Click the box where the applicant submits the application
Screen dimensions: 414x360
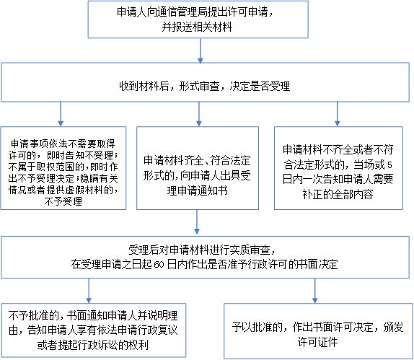(198, 19)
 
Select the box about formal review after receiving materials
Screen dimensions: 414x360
(205, 82)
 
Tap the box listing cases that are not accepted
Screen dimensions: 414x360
(63, 168)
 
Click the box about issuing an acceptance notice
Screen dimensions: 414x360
(198, 168)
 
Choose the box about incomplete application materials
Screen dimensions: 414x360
(338, 168)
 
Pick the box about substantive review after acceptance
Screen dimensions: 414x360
(205, 258)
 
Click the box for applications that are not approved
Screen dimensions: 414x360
(94, 330)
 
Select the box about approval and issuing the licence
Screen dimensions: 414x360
(318, 331)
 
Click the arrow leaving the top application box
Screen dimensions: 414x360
(201, 51)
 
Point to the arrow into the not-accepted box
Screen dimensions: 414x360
(61, 114)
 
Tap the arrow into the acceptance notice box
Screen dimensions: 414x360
(199, 114)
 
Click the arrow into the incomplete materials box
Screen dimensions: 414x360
(337, 114)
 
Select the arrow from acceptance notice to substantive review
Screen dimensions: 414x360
(197, 222)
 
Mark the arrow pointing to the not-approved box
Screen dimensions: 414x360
(89, 291)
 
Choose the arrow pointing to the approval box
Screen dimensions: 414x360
(314, 291)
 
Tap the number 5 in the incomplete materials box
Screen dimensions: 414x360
(389, 165)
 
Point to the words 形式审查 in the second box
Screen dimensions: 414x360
(199, 86)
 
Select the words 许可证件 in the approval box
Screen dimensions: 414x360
(318, 342)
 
